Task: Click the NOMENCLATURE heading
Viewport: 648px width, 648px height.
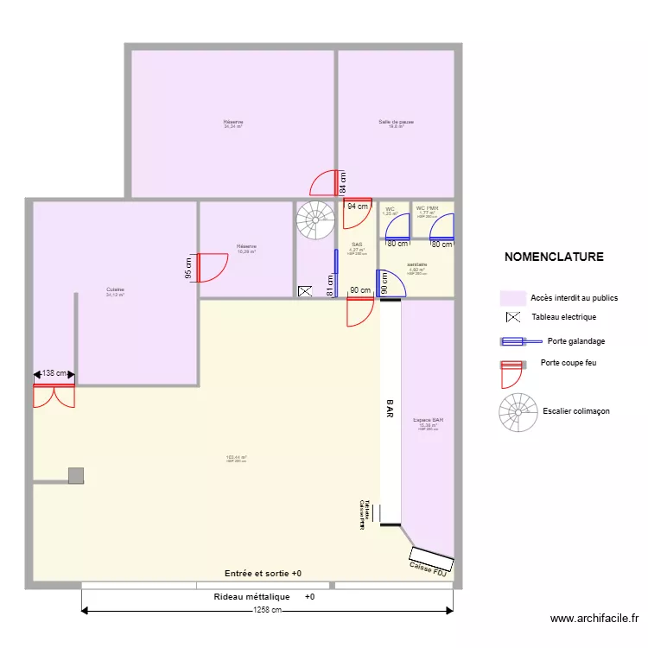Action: (x=554, y=257)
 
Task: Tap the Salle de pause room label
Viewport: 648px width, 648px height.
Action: (x=396, y=123)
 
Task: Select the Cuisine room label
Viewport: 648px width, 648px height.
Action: (x=115, y=289)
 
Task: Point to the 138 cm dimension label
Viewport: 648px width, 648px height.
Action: (x=54, y=373)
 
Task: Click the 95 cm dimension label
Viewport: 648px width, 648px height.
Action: (x=188, y=268)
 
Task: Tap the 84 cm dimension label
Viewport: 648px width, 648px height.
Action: (x=343, y=183)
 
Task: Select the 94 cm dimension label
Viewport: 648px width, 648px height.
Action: (x=358, y=206)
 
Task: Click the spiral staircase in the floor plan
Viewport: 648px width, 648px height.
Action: (x=315, y=220)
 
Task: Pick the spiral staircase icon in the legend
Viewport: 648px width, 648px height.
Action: (x=518, y=411)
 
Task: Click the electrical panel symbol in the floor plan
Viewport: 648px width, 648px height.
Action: (x=304, y=292)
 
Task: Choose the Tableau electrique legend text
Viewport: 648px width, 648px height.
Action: (x=563, y=317)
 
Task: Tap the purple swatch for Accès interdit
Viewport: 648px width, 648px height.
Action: (x=512, y=298)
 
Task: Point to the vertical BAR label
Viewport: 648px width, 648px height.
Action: (x=390, y=410)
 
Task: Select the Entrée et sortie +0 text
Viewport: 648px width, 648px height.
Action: (x=263, y=574)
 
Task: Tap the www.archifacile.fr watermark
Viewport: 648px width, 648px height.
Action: (x=594, y=619)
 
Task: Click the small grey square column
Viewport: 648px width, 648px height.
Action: (x=76, y=474)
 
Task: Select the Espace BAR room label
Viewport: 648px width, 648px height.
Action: (x=429, y=421)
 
